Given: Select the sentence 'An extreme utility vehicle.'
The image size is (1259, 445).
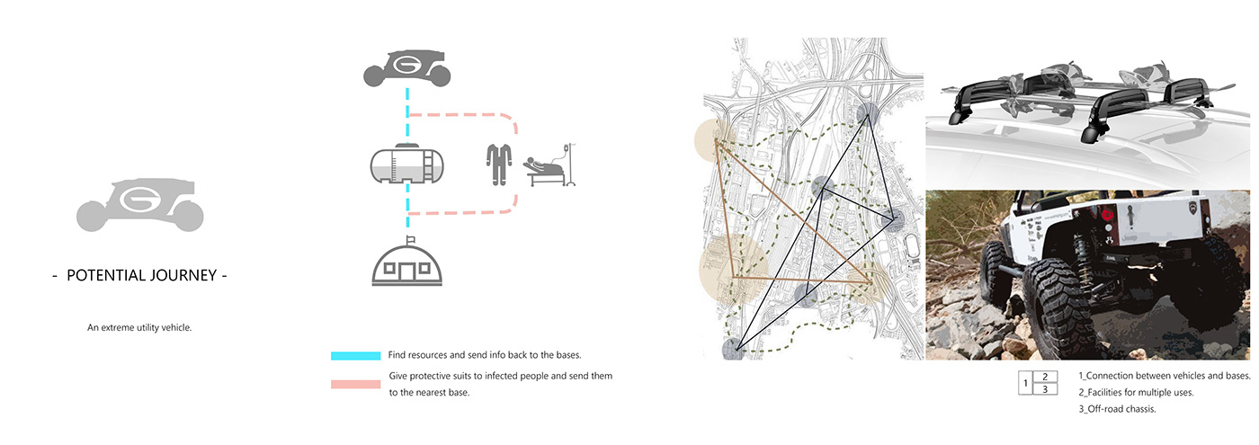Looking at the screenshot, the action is [x=139, y=328].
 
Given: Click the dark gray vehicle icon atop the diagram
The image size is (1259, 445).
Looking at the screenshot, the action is [x=407, y=68].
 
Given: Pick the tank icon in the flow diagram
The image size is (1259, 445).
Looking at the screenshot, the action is [x=406, y=165].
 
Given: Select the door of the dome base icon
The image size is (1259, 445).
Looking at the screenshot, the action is [x=410, y=271].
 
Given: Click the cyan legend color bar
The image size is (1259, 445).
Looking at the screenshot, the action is [x=355, y=356].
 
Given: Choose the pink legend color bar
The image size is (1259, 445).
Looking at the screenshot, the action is [x=355, y=385].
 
